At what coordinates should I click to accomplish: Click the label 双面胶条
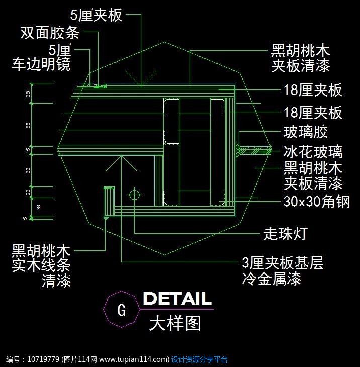point(50,33)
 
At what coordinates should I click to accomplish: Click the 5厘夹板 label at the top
point(96,15)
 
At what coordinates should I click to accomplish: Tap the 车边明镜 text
point(41,64)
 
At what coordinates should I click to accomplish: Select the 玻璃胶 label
point(306,132)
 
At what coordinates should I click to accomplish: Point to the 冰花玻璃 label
point(313,151)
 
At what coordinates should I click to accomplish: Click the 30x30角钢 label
point(316,202)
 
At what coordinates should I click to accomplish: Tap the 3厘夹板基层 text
point(283,263)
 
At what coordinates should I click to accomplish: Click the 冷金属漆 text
point(272,278)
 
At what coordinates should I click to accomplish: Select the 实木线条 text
point(41,265)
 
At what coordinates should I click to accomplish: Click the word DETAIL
point(177,299)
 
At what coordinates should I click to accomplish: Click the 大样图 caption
point(175,323)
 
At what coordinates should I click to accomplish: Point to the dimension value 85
point(29,125)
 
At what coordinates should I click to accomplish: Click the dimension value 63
point(29,171)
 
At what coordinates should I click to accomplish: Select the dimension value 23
point(29,192)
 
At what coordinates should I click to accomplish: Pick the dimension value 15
point(29,150)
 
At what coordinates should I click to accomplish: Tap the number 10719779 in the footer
point(41,359)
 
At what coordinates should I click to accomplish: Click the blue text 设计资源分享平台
point(200,359)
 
